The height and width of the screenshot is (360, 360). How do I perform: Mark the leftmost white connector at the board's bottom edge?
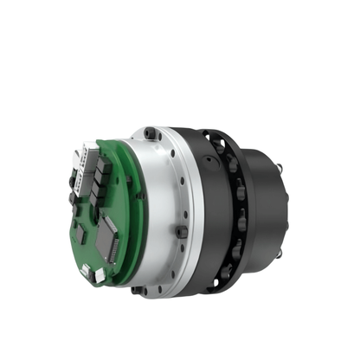point(86,271)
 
